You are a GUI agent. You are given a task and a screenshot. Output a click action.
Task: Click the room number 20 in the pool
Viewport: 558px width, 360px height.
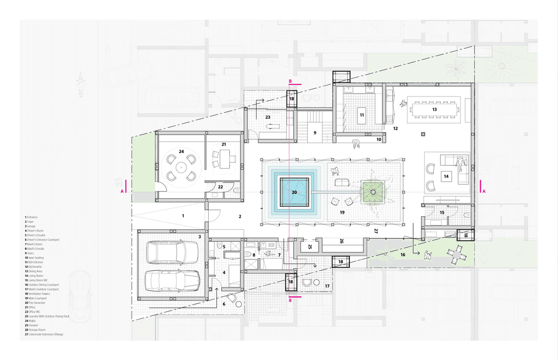[x=294, y=192]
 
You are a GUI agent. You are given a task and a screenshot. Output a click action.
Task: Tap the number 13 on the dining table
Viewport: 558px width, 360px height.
[x=434, y=109]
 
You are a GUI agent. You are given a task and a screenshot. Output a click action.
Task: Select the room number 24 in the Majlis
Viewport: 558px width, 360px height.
[x=181, y=151]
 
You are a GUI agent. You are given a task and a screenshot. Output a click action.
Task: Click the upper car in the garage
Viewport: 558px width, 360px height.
[x=173, y=252]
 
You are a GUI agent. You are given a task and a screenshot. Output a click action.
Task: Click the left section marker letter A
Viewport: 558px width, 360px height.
[x=122, y=191]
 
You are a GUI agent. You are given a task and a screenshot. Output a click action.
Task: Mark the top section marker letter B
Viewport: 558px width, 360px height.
[x=290, y=82]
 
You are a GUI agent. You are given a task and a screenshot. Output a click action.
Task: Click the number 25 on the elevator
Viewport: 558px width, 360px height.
[x=310, y=247]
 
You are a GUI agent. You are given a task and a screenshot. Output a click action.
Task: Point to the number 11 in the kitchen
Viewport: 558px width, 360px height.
[x=361, y=115]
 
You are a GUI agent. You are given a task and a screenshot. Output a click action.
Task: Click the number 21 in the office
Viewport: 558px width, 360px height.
[x=223, y=144]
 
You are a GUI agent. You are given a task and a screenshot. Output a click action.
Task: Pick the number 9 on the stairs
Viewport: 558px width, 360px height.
[x=314, y=132]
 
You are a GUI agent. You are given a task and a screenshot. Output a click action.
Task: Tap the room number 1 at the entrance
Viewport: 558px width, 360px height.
[x=183, y=216]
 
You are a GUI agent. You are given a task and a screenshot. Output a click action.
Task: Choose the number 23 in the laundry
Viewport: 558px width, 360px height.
[x=268, y=117]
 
